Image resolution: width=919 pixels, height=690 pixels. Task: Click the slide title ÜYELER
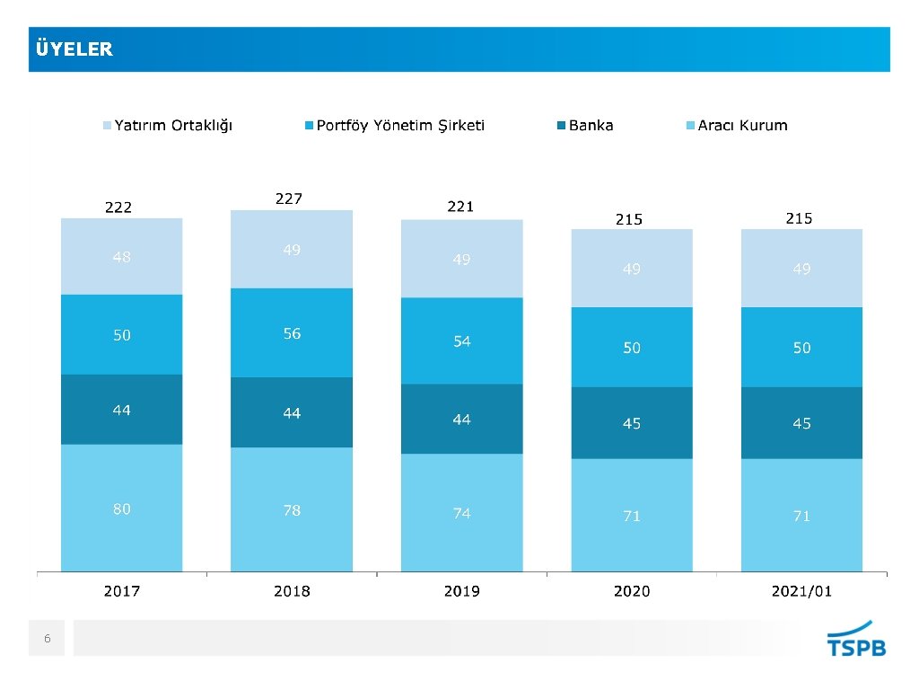(x=74, y=49)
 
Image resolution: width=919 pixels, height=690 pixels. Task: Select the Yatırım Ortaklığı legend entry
(x=167, y=125)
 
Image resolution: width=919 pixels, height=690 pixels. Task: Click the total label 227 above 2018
(x=288, y=199)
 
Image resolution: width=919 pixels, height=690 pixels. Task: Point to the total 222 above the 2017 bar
(x=118, y=208)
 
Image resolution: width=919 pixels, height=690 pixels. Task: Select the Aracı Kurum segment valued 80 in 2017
(x=121, y=509)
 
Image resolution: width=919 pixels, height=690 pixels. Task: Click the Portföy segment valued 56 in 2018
(x=292, y=333)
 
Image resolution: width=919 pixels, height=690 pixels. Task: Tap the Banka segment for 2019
(x=461, y=420)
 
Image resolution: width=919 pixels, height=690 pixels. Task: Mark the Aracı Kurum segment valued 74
(x=461, y=513)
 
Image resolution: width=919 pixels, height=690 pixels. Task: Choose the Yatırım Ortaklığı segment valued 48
(x=121, y=257)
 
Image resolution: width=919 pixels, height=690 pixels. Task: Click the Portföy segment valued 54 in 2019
(x=461, y=341)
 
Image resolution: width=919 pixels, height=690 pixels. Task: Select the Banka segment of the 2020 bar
(x=632, y=423)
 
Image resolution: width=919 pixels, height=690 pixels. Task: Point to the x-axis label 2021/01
(x=801, y=590)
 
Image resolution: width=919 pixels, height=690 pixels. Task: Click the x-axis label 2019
(x=461, y=590)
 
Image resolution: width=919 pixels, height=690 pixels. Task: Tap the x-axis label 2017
(x=121, y=590)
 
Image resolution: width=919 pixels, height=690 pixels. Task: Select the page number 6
(x=48, y=639)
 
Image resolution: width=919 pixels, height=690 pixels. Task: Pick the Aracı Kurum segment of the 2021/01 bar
(x=801, y=516)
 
